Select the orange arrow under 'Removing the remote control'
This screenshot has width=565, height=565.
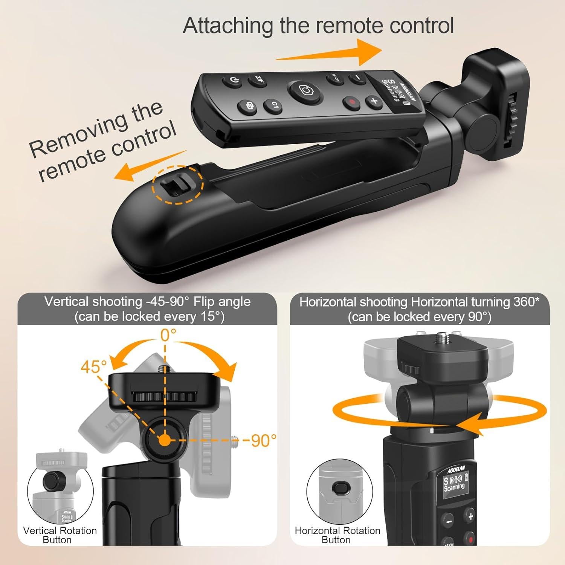(147, 166)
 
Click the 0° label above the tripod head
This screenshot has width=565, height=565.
(168, 334)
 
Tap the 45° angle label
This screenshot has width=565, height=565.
(93, 366)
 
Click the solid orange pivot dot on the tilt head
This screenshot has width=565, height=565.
(164, 440)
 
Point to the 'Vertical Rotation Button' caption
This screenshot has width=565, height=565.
(60, 535)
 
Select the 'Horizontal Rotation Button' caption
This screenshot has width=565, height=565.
(337, 535)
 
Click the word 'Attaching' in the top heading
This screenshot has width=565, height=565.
(228, 26)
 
